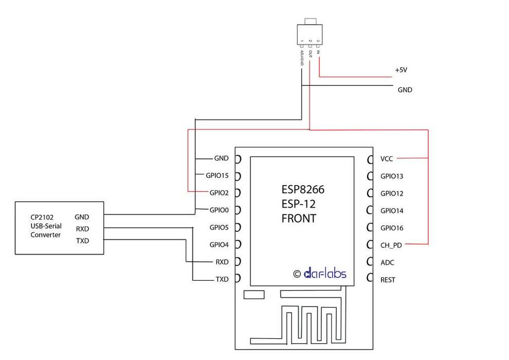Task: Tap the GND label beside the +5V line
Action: (405, 90)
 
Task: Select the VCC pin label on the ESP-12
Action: (387, 159)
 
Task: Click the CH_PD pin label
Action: (391, 245)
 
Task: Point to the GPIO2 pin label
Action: (219, 193)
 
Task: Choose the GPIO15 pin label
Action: (217, 175)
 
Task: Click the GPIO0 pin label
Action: (219, 210)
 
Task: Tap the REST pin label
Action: (388, 280)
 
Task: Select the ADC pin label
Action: (387, 263)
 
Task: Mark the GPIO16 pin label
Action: (392, 228)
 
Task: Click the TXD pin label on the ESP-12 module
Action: (222, 279)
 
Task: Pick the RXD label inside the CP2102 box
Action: (82, 229)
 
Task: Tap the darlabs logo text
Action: (325, 274)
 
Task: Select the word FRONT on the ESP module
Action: (299, 218)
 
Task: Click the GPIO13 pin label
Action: (392, 176)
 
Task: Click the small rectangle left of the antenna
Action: (254, 295)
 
